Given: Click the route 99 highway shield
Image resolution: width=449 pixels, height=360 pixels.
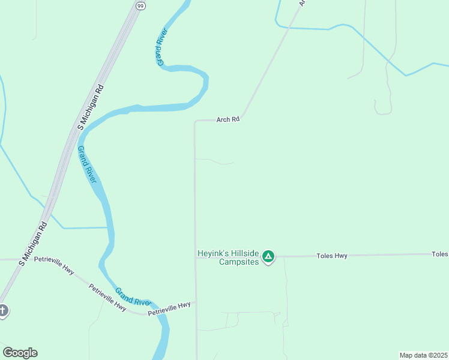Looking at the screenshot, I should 140,5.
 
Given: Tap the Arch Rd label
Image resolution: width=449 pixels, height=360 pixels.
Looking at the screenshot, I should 228,119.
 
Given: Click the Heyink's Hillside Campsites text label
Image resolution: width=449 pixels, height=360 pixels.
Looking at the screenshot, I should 228,257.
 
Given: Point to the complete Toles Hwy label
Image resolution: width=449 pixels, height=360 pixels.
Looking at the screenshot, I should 332,256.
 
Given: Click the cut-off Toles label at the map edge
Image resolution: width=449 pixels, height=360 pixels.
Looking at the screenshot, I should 440,254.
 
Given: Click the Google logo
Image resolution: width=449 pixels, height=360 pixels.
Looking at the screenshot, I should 20,353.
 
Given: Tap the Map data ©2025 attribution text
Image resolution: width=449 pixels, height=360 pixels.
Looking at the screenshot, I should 423,355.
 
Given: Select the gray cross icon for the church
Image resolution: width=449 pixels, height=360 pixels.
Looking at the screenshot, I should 3,311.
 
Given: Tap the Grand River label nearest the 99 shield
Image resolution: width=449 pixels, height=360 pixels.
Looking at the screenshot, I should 161,47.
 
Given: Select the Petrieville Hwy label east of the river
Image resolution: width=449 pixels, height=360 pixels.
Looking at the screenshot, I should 169,308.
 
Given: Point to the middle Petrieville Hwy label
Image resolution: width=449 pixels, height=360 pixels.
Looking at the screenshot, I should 107,297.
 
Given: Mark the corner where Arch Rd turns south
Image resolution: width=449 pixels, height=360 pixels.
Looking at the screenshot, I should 195,121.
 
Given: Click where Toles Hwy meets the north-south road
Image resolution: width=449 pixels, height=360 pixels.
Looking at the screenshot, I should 196,257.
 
